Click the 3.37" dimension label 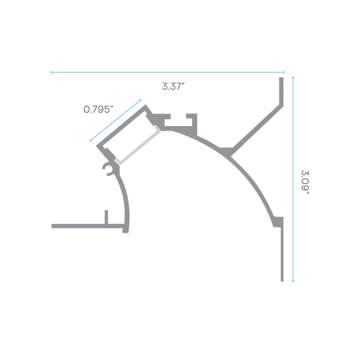tap(173, 87)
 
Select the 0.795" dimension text tap(98, 109)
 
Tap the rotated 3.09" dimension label tap(305, 182)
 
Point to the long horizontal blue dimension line tap(167, 72)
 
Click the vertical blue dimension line tap(293, 179)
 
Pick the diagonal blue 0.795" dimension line tap(115, 120)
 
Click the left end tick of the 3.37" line tap(51, 72)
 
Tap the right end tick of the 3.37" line tap(284, 72)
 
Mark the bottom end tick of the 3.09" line tap(293, 281)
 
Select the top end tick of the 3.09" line tap(293, 77)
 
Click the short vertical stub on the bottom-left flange tap(106, 217)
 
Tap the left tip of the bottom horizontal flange tap(51, 226)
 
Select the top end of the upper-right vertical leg tap(281, 77)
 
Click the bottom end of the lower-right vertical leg tap(282, 281)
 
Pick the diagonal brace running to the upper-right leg tap(257, 130)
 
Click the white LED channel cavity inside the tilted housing tap(129, 135)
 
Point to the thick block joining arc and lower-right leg tap(278, 222)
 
